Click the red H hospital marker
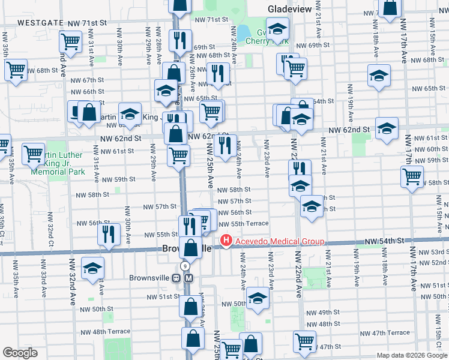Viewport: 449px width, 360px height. pos(226,241)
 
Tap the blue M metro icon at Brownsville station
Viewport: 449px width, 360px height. pos(188,278)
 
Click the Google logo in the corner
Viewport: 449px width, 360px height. pos(20,353)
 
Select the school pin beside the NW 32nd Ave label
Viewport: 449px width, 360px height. pos(93,268)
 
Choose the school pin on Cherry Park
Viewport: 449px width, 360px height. pos(277,28)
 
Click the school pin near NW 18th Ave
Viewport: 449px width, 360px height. pos(379,76)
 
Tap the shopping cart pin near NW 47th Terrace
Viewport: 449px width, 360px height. pos(304,341)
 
